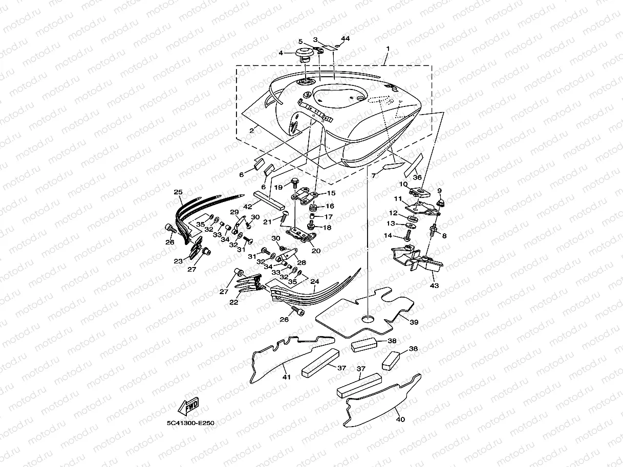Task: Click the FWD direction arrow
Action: [188, 406]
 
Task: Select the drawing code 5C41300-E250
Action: [190, 424]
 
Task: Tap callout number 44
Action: [346, 38]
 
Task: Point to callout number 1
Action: [388, 49]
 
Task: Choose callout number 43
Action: [434, 285]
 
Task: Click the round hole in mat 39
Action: [368, 319]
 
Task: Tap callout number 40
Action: [400, 419]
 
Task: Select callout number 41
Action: [286, 377]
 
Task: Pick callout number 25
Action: [178, 192]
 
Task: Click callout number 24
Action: [315, 281]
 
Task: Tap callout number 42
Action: [247, 207]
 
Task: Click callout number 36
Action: [417, 177]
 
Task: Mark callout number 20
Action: [316, 251]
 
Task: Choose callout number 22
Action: [233, 302]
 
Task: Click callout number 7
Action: [374, 175]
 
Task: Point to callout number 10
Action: [403, 184]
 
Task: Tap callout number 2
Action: [252, 131]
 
